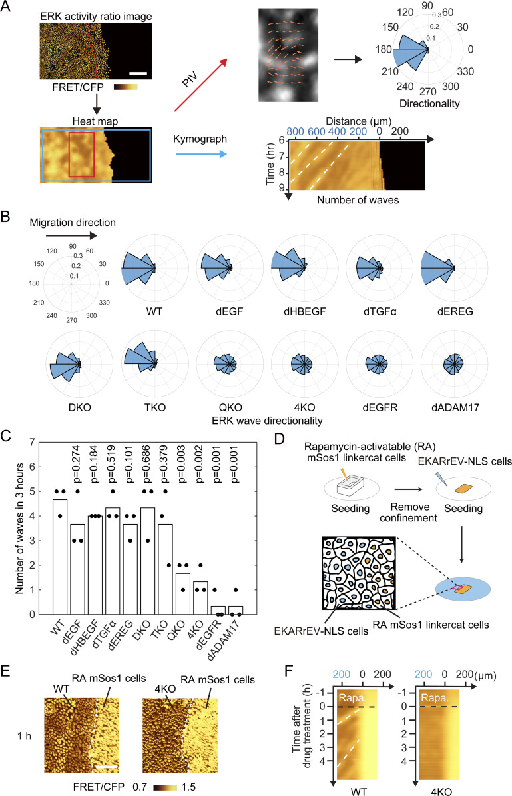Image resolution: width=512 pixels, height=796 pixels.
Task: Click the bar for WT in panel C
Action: [x=60, y=557]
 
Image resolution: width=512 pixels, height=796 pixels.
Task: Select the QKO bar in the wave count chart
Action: [x=183, y=594]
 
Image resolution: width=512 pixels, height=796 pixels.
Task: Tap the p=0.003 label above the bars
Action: [x=182, y=463]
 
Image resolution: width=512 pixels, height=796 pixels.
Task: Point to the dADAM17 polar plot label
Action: [x=455, y=407]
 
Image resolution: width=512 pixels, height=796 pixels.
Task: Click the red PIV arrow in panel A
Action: [x=201, y=84]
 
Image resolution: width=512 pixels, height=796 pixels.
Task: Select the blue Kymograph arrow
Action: [x=201, y=153]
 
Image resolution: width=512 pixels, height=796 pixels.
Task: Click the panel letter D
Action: [x=279, y=437]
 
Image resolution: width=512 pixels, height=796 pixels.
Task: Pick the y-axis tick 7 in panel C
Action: [x=33, y=443]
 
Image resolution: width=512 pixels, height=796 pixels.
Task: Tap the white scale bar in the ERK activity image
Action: [x=138, y=73]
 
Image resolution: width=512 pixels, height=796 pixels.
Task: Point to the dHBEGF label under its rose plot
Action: [x=304, y=311]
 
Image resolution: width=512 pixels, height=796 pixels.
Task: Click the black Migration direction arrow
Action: [x=71, y=235]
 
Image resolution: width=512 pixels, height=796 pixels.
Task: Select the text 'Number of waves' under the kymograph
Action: [x=358, y=200]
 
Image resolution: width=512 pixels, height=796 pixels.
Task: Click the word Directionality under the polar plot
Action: [x=429, y=103]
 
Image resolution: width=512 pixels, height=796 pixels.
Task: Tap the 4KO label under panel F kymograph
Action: [x=441, y=791]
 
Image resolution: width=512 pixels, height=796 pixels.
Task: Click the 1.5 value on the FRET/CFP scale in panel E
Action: [x=188, y=787]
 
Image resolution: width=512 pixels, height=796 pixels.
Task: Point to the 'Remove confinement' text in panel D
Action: [x=409, y=512]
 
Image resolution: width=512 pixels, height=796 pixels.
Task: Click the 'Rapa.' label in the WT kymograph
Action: [x=352, y=698]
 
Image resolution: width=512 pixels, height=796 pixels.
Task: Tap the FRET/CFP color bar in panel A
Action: [x=126, y=87]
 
